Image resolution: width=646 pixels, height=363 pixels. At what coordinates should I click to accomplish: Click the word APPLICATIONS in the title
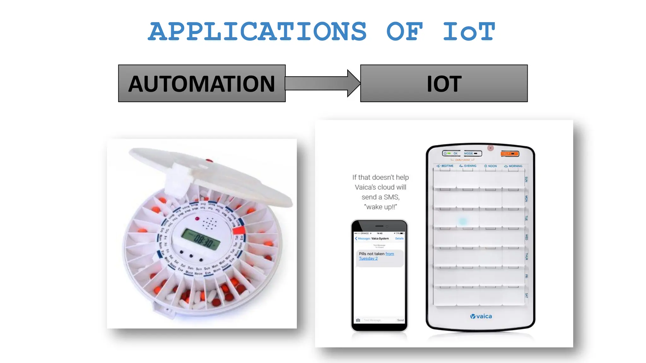[257, 32]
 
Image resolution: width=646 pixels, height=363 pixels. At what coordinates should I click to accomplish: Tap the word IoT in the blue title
[469, 32]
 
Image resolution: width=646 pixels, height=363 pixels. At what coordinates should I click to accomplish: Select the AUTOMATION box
[202, 84]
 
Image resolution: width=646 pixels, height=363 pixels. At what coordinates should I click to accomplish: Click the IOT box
[444, 84]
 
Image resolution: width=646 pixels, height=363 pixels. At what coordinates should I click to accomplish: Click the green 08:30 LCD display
[201, 239]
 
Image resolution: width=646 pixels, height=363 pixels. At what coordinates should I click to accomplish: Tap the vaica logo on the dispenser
[481, 316]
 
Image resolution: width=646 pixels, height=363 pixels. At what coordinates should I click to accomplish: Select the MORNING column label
[513, 166]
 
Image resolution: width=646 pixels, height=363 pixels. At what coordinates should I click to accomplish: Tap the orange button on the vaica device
[510, 154]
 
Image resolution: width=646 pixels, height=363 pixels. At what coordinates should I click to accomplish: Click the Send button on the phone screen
[400, 320]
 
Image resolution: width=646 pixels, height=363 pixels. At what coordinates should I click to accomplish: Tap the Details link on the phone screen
[399, 239]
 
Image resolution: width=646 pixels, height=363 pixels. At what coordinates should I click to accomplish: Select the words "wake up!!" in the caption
[380, 207]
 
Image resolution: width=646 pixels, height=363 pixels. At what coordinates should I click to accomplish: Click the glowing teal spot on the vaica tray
[463, 221]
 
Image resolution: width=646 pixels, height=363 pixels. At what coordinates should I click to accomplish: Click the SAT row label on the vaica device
[526, 296]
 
